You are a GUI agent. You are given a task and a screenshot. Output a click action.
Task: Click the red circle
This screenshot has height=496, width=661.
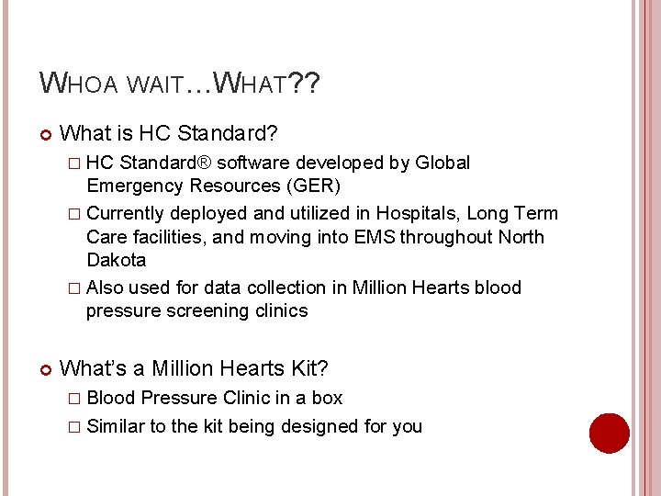(x=609, y=433)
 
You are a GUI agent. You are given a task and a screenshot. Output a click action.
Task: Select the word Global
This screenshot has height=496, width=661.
(x=443, y=163)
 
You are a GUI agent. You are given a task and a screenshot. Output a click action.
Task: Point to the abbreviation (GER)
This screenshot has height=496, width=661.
(x=312, y=186)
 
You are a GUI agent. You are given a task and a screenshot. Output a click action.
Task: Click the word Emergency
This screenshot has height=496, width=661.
(x=134, y=186)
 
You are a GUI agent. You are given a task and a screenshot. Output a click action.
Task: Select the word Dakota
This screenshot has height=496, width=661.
(x=116, y=260)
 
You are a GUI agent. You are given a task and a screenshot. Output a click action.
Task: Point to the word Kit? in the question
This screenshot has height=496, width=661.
(x=310, y=368)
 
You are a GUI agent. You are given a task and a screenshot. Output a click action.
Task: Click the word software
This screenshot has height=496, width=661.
(x=259, y=163)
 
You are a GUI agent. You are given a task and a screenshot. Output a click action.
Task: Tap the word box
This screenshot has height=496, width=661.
(x=327, y=398)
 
